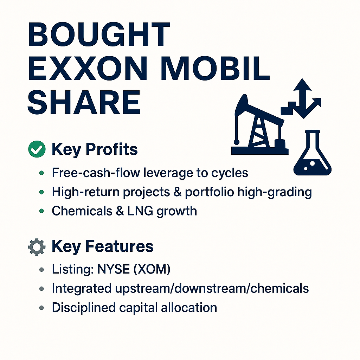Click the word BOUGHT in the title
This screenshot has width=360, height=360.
pyautogui.click(x=99, y=34)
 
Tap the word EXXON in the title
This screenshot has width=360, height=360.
pyautogui.click(x=88, y=68)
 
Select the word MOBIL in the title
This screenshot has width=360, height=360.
pyautogui.click(x=215, y=68)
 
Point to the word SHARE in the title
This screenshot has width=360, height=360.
pyautogui.click(x=84, y=102)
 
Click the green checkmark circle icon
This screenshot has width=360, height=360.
pyautogui.click(x=37, y=149)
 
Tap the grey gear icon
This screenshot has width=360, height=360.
pyautogui.click(x=37, y=247)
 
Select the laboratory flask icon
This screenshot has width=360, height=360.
pyautogui.click(x=313, y=153)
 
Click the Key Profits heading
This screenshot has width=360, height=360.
pyautogui.click(x=95, y=149)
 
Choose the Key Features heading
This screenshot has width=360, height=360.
pyautogui.click(x=102, y=246)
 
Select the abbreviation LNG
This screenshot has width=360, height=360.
pyautogui.click(x=140, y=211)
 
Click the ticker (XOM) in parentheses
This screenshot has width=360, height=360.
pyautogui.click(x=152, y=269)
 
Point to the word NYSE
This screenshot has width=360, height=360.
pyautogui.click(x=114, y=269)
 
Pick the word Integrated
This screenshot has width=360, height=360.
pyautogui.click(x=82, y=289)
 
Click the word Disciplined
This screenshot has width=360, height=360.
pyautogui.click(x=84, y=308)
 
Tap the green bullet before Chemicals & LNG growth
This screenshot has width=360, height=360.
pyautogui.click(x=41, y=211)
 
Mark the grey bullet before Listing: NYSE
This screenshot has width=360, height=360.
pyautogui.click(x=41, y=269)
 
